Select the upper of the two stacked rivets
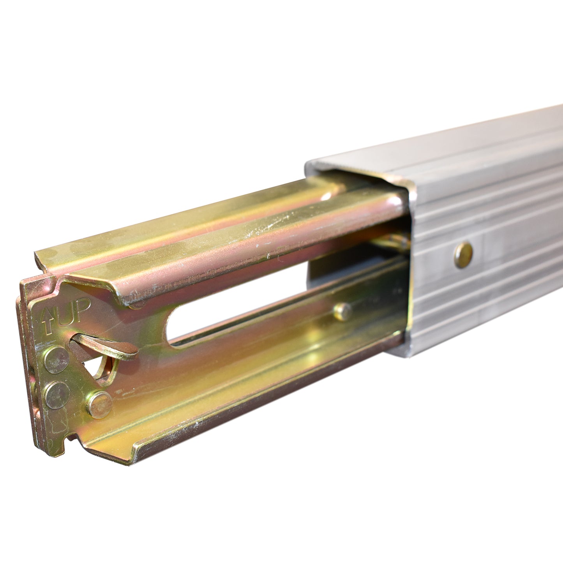point(57,360)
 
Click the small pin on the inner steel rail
point(342,312)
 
